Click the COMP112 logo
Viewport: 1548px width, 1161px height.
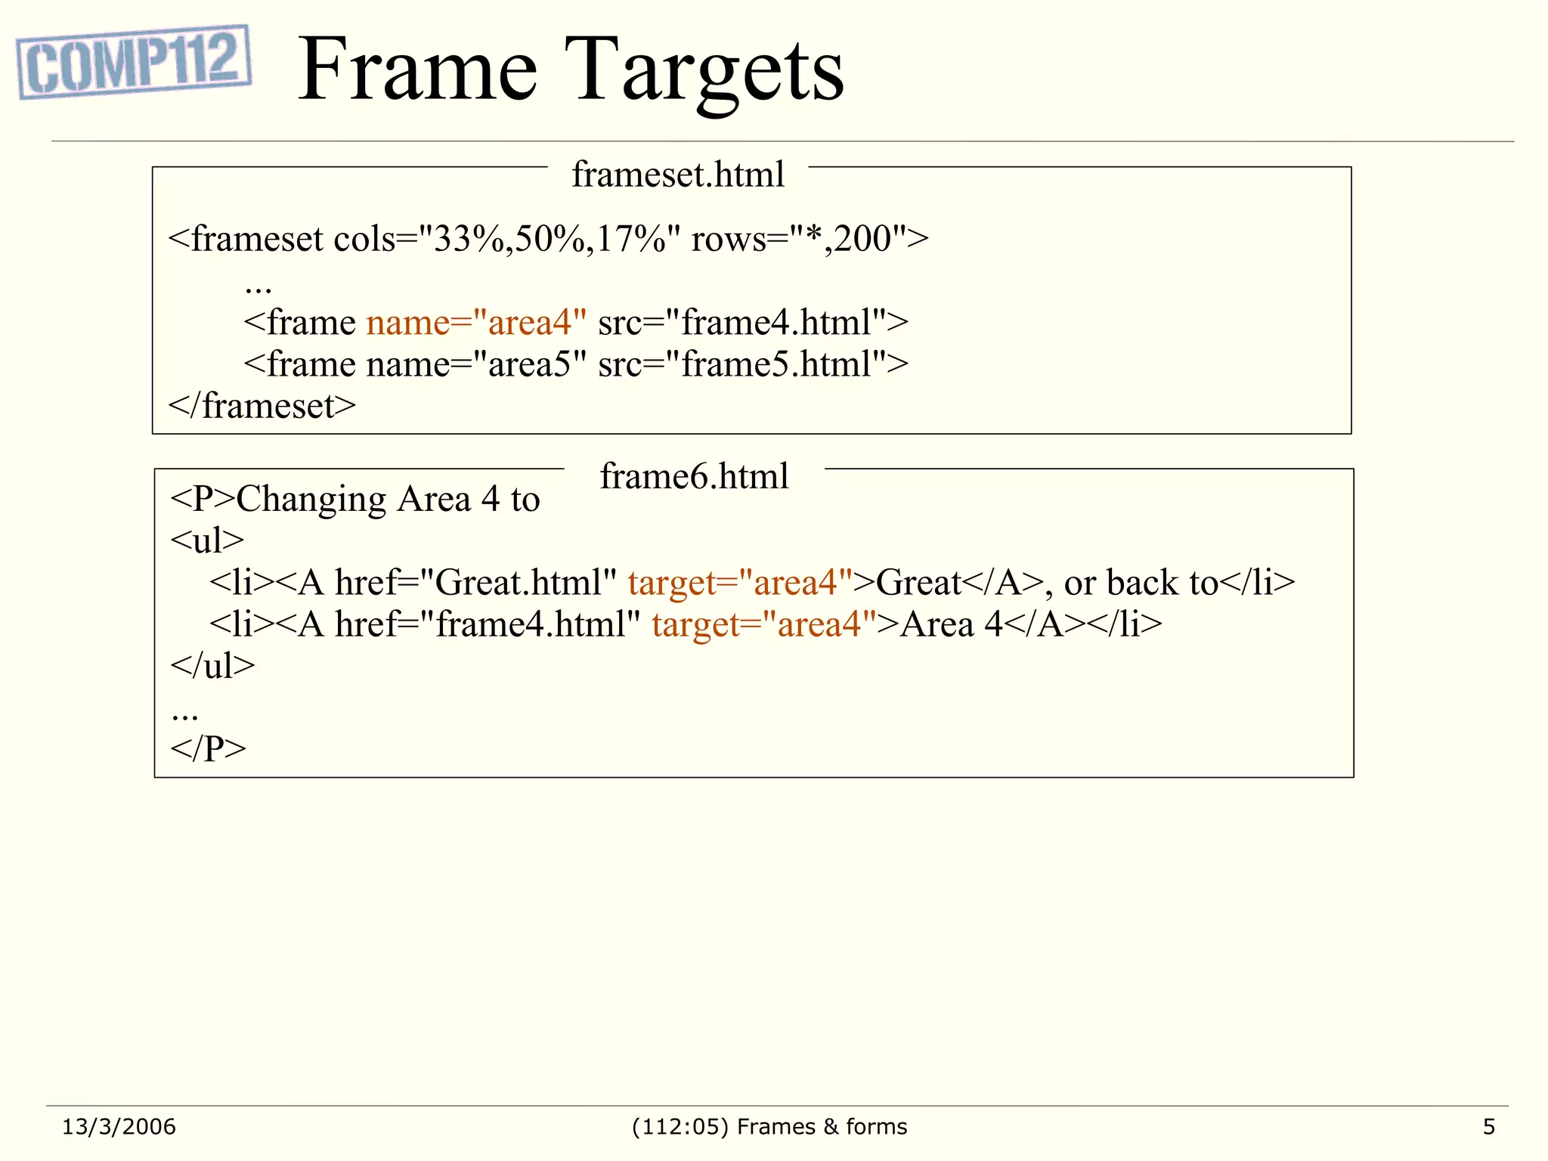tap(134, 62)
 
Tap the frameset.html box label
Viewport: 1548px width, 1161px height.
tap(678, 175)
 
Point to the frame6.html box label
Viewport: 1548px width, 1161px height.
tap(694, 477)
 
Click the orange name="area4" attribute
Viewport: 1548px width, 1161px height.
tap(476, 323)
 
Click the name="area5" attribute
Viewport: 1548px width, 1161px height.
tap(476, 364)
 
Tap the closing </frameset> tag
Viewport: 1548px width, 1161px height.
tap(262, 406)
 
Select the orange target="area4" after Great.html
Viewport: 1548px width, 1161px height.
tap(740, 583)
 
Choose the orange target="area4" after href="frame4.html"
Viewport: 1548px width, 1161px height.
tap(763, 624)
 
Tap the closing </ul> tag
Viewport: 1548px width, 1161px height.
tap(212, 666)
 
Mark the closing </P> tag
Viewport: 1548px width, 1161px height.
tap(208, 748)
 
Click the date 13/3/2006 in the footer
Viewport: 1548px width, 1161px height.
tap(119, 1127)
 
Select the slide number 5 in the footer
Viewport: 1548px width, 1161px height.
tap(1488, 1127)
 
